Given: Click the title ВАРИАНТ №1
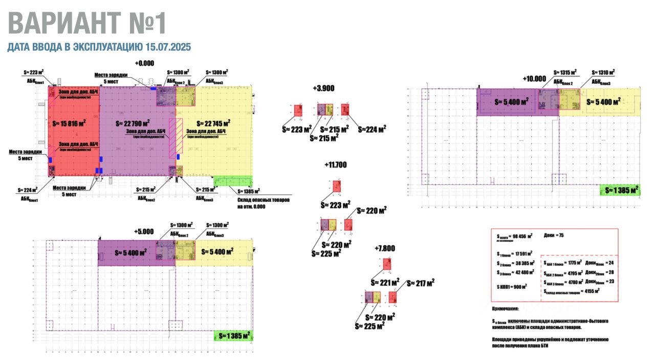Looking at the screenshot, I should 87,24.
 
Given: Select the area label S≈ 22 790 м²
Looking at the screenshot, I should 133,123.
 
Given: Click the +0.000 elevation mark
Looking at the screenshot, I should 144,63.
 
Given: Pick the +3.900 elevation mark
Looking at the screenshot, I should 323,88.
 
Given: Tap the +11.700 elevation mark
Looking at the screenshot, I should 336,165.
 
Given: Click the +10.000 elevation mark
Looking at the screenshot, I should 535,78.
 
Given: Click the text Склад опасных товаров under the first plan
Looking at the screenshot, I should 264,200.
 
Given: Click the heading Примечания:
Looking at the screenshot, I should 505,309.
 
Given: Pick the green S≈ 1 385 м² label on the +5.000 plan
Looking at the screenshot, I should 234,336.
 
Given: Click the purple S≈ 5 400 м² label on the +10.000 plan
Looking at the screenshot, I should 512,102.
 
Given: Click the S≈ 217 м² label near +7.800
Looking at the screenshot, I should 421,282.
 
